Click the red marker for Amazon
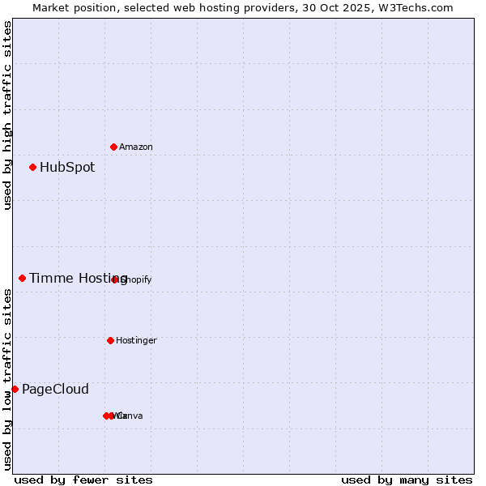click(113, 147)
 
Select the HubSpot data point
click(32, 168)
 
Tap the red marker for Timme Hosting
click(22, 279)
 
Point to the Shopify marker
click(115, 279)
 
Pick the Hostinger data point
click(110, 340)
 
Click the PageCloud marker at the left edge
click(15, 390)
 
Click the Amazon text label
click(135, 147)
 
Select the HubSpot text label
click(67, 168)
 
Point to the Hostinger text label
click(136, 340)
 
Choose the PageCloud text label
click(55, 390)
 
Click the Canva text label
click(131, 416)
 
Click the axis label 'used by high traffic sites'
click(8, 115)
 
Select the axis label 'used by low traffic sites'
click(8, 379)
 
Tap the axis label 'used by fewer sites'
click(83, 480)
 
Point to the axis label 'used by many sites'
click(407, 480)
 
